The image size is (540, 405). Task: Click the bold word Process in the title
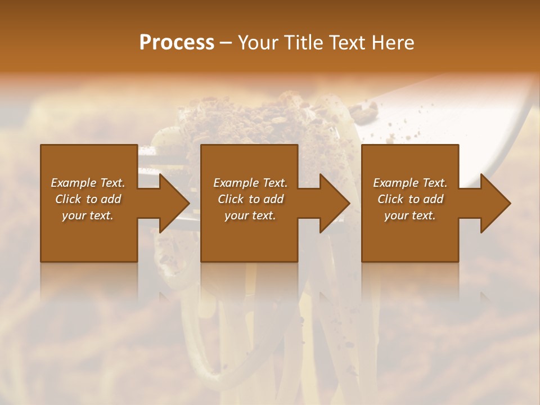[x=177, y=43]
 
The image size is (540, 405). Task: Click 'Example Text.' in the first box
[x=88, y=183]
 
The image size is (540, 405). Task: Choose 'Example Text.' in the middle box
[x=250, y=183]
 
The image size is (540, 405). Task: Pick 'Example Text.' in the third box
[x=410, y=183]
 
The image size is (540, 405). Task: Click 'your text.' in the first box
[x=88, y=215]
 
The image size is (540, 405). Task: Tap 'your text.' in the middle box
[x=250, y=215]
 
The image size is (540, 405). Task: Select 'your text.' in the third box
[x=410, y=215]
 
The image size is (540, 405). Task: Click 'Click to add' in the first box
[x=88, y=199]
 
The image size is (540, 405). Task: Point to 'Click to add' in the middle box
[x=250, y=199]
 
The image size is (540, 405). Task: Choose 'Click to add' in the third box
[x=410, y=199]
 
